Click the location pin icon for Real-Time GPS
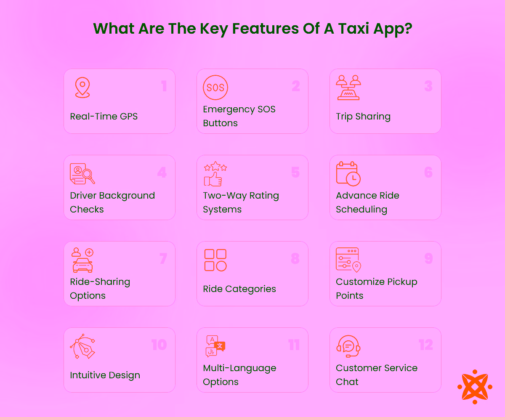coord(82,88)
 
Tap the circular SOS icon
coord(215,88)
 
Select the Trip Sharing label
coord(363,117)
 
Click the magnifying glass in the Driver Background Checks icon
coord(89,175)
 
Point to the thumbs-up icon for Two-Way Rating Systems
coord(213,178)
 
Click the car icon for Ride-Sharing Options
coord(82,265)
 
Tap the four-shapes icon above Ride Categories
coord(215,260)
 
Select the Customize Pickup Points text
coord(376,288)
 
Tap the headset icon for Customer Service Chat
coord(348,346)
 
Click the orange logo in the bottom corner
coord(475,387)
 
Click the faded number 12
coord(425,345)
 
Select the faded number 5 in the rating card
coord(295,173)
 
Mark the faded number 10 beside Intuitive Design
coord(159,345)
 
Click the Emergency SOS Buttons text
coord(239,116)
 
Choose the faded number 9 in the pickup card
coord(428,258)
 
